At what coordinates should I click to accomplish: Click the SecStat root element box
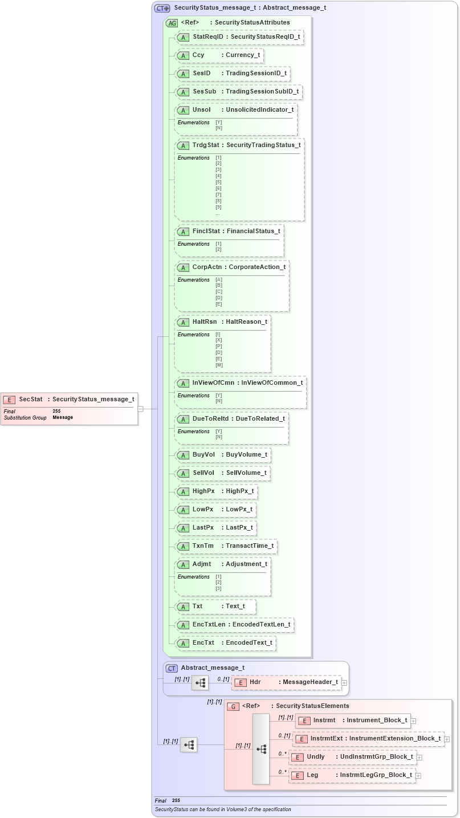pos(69,408)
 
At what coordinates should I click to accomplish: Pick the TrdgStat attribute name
pos(206,145)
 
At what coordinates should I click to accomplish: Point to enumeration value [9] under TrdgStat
pos(218,207)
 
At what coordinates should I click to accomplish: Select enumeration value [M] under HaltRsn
pos(219,365)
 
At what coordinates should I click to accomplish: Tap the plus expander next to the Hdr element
pos(344,682)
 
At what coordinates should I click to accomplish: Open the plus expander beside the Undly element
pos(419,758)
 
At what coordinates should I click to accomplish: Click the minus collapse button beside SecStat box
pos(140,408)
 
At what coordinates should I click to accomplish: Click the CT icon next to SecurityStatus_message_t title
pos(162,9)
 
